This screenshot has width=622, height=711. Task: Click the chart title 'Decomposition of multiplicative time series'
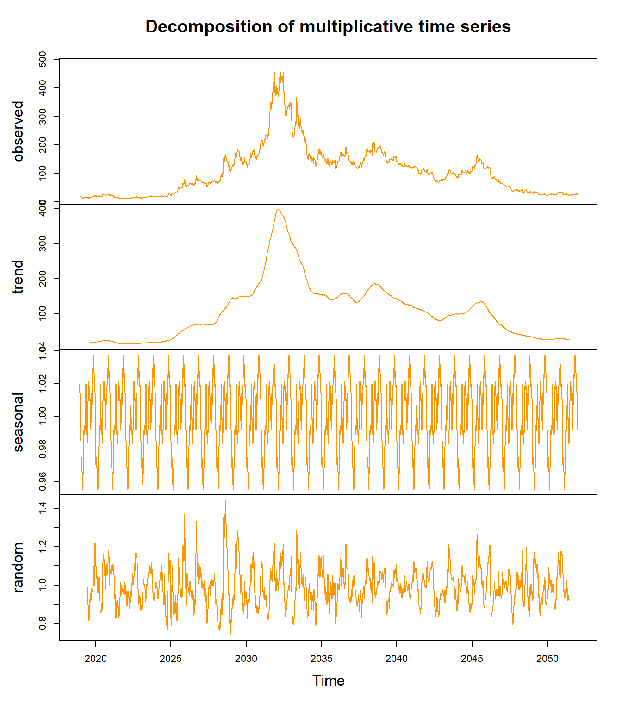(328, 27)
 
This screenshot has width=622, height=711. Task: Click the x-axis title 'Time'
(328, 680)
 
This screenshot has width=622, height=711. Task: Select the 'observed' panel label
(18, 131)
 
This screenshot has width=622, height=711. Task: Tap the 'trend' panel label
(18, 277)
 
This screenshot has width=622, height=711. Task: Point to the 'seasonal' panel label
(18, 422)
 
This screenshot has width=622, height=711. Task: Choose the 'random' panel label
(18, 568)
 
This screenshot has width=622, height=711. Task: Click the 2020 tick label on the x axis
(96, 659)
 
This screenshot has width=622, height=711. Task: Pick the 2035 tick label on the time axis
(321, 659)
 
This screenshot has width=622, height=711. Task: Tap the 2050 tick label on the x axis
(547, 659)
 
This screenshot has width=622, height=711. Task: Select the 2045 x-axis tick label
(472, 659)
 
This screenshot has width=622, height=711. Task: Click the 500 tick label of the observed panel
(43, 60)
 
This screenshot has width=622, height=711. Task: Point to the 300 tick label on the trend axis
(43, 243)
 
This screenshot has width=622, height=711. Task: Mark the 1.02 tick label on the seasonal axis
(43, 384)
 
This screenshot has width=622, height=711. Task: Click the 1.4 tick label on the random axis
(43, 508)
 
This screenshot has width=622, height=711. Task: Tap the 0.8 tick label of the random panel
(43, 623)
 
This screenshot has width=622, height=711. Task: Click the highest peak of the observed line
(274, 65)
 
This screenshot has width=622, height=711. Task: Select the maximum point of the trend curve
(278, 209)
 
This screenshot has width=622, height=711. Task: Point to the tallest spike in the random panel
(225, 501)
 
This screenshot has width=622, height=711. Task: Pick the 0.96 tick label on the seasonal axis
(43, 481)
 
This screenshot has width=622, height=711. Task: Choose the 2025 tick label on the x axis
(171, 659)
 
